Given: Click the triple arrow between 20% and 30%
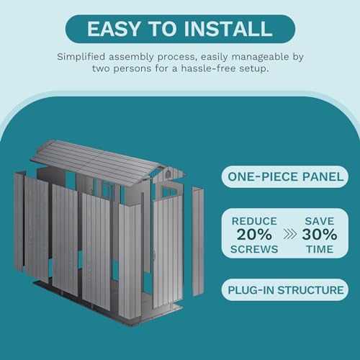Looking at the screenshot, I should point(284,234).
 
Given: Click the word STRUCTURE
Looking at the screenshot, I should point(306,290).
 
